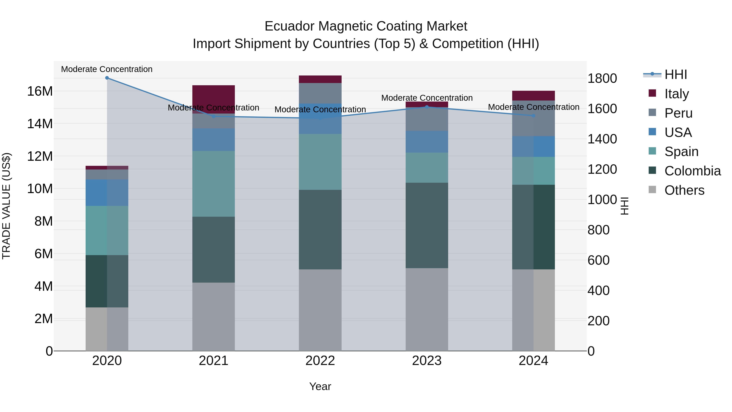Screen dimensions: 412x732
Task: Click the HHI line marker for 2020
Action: (x=107, y=78)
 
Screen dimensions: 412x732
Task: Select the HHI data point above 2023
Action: (x=427, y=107)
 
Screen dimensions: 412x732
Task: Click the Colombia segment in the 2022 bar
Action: (x=320, y=229)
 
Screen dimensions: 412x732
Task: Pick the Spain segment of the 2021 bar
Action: (x=213, y=184)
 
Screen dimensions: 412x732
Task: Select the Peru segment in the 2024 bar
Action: (x=533, y=118)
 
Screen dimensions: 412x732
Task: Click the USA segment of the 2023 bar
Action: (x=427, y=142)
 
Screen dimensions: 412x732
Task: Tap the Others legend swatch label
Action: (x=684, y=190)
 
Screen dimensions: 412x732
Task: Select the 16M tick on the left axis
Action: (x=40, y=91)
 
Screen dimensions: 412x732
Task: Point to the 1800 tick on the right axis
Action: (x=602, y=79)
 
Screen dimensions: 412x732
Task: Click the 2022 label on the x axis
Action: (x=320, y=361)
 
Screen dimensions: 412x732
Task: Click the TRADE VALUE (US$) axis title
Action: (x=6, y=206)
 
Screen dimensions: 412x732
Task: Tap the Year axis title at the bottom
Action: (x=320, y=386)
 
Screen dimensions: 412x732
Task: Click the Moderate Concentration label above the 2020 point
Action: (x=107, y=69)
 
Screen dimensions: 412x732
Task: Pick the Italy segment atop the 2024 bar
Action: (x=533, y=96)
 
